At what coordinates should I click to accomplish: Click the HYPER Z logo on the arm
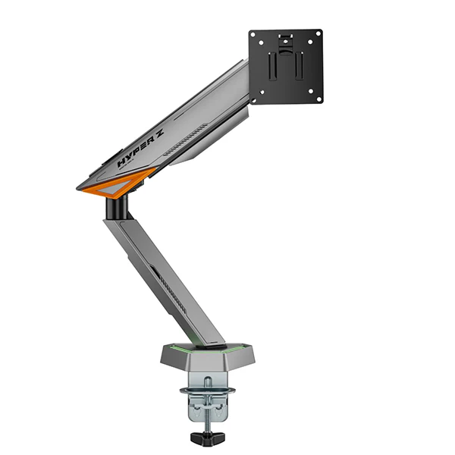pos(140,151)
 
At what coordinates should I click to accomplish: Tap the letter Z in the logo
pos(158,140)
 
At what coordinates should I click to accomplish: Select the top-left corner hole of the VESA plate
pos(255,35)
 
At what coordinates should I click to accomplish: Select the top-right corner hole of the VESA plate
pos(317,35)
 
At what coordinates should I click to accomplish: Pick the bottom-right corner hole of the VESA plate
pos(317,96)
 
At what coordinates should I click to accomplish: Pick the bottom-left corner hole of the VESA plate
pos(255,96)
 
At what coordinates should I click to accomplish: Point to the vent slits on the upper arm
pos(186,143)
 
